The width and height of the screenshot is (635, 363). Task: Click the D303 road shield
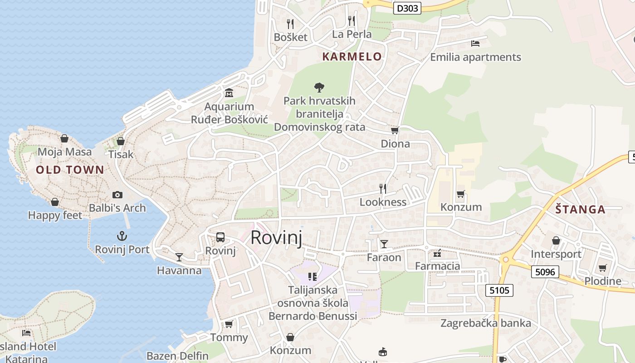pyautogui.click(x=407, y=8)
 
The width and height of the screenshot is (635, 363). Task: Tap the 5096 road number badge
pyautogui.click(x=545, y=271)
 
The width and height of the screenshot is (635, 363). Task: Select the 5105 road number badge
pyautogui.click(x=499, y=290)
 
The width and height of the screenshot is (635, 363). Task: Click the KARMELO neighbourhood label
pyautogui.click(x=352, y=57)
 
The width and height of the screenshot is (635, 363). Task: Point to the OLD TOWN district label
pyautogui.click(x=70, y=170)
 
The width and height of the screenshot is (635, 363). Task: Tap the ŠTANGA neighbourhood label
pyautogui.click(x=581, y=210)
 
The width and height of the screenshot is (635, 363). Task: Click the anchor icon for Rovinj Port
pyautogui.click(x=122, y=236)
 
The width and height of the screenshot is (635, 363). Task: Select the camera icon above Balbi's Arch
pyautogui.click(x=117, y=195)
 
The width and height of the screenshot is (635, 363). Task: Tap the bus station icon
pyautogui.click(x=220, y=237)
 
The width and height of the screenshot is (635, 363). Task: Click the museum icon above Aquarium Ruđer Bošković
pyautogui.click(x=229, y=93)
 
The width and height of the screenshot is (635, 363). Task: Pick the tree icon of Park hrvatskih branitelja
pyautogui.click(x=319, y=87)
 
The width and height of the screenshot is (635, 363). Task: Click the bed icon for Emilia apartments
pyautogui.click(x=475, y=44)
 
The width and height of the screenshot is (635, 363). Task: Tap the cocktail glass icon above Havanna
pyautogui.click(x=179, y=257)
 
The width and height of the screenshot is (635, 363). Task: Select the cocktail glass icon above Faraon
pyautogui.click(x=384, y=244)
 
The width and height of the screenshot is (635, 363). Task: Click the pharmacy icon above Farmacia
pyautogui.click(x=438, y=253)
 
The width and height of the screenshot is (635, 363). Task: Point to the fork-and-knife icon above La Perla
pyautogui.click(x=352, y=20)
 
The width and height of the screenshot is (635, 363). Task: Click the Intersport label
pyautogui.click(x=556, y=254)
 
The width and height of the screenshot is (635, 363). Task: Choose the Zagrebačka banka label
pyautogui.click(x=486, y=323)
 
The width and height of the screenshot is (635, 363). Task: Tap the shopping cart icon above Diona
pyautogui.click(x=395, y=131)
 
